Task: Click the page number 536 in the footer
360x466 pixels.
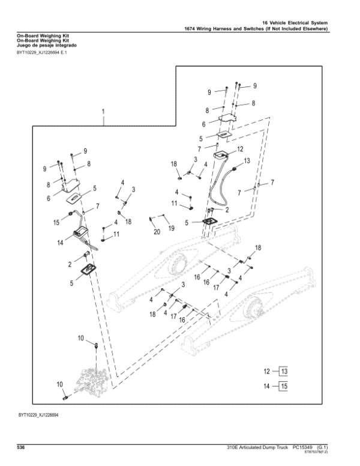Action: pos(21,447)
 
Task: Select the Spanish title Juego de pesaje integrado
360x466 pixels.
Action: pos(47,46)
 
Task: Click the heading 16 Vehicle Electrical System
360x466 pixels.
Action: pos(295,23)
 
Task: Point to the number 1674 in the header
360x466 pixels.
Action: pos(190,29)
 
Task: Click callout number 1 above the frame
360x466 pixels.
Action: pos(103,112)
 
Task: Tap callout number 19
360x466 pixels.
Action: pos(172,228)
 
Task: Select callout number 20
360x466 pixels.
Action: pos(157,232)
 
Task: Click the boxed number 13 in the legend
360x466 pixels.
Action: pos(284,372)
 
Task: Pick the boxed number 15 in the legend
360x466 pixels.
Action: pos(284,386)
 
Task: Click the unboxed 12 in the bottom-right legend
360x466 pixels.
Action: pos(267,372)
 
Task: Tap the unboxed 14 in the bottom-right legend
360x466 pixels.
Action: pos(267,386)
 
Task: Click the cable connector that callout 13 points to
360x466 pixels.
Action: pos(235,169)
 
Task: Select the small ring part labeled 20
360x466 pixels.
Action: pos(151,219)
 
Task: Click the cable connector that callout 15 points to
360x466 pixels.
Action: pos(71,213)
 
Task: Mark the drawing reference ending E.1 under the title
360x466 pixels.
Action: pos(42,53)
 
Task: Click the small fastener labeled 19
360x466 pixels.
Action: pos(163,215)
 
